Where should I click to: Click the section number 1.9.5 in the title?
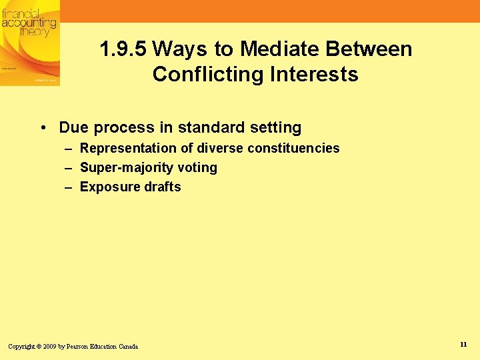click(123, 49)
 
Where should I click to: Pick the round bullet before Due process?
click(43, 127)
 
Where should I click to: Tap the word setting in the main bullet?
click(276, 127)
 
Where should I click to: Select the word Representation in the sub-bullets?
click(127, 148)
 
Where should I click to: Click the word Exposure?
click(105, 187)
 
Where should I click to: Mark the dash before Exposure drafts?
click(69, 187)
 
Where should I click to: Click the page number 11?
click(463, 344)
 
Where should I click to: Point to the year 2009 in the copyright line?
click(49, 347)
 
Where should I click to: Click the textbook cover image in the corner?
click(29, 43)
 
